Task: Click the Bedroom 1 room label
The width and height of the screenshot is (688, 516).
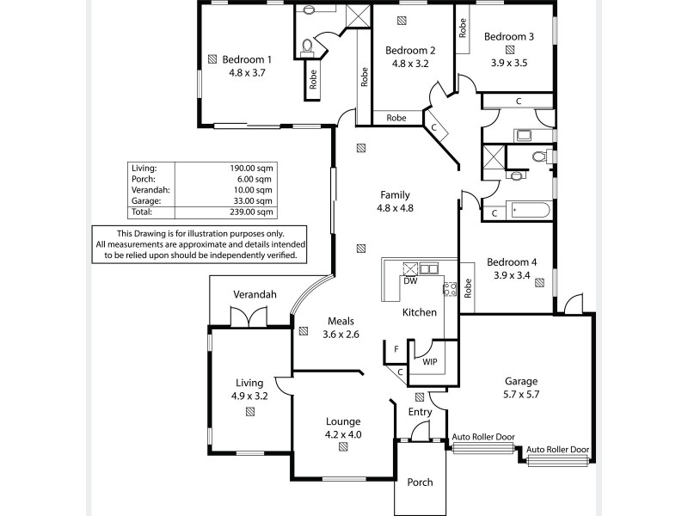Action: (x=247, y=59)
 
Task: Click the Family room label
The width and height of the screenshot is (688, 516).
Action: (x=395, y=194)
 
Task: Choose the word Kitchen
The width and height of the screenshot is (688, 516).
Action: (x=420, y=312)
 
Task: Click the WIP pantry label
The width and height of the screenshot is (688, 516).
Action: (x=429, y=362)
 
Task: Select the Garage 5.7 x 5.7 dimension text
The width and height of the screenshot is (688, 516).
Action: (x=521, y=394)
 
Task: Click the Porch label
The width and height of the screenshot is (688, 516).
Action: (x=421, y=482)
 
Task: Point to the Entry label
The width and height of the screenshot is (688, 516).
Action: (x=420, y=413)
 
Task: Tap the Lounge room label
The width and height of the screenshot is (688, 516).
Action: (x=342, y=421)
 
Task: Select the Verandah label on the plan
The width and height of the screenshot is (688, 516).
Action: (x=255, y=295)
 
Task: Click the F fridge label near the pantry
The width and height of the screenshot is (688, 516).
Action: (x=396, y=349)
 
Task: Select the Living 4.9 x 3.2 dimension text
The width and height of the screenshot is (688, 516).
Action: (x=250, y=396)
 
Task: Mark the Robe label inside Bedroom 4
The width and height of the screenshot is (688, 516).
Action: (x=468, y=289)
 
